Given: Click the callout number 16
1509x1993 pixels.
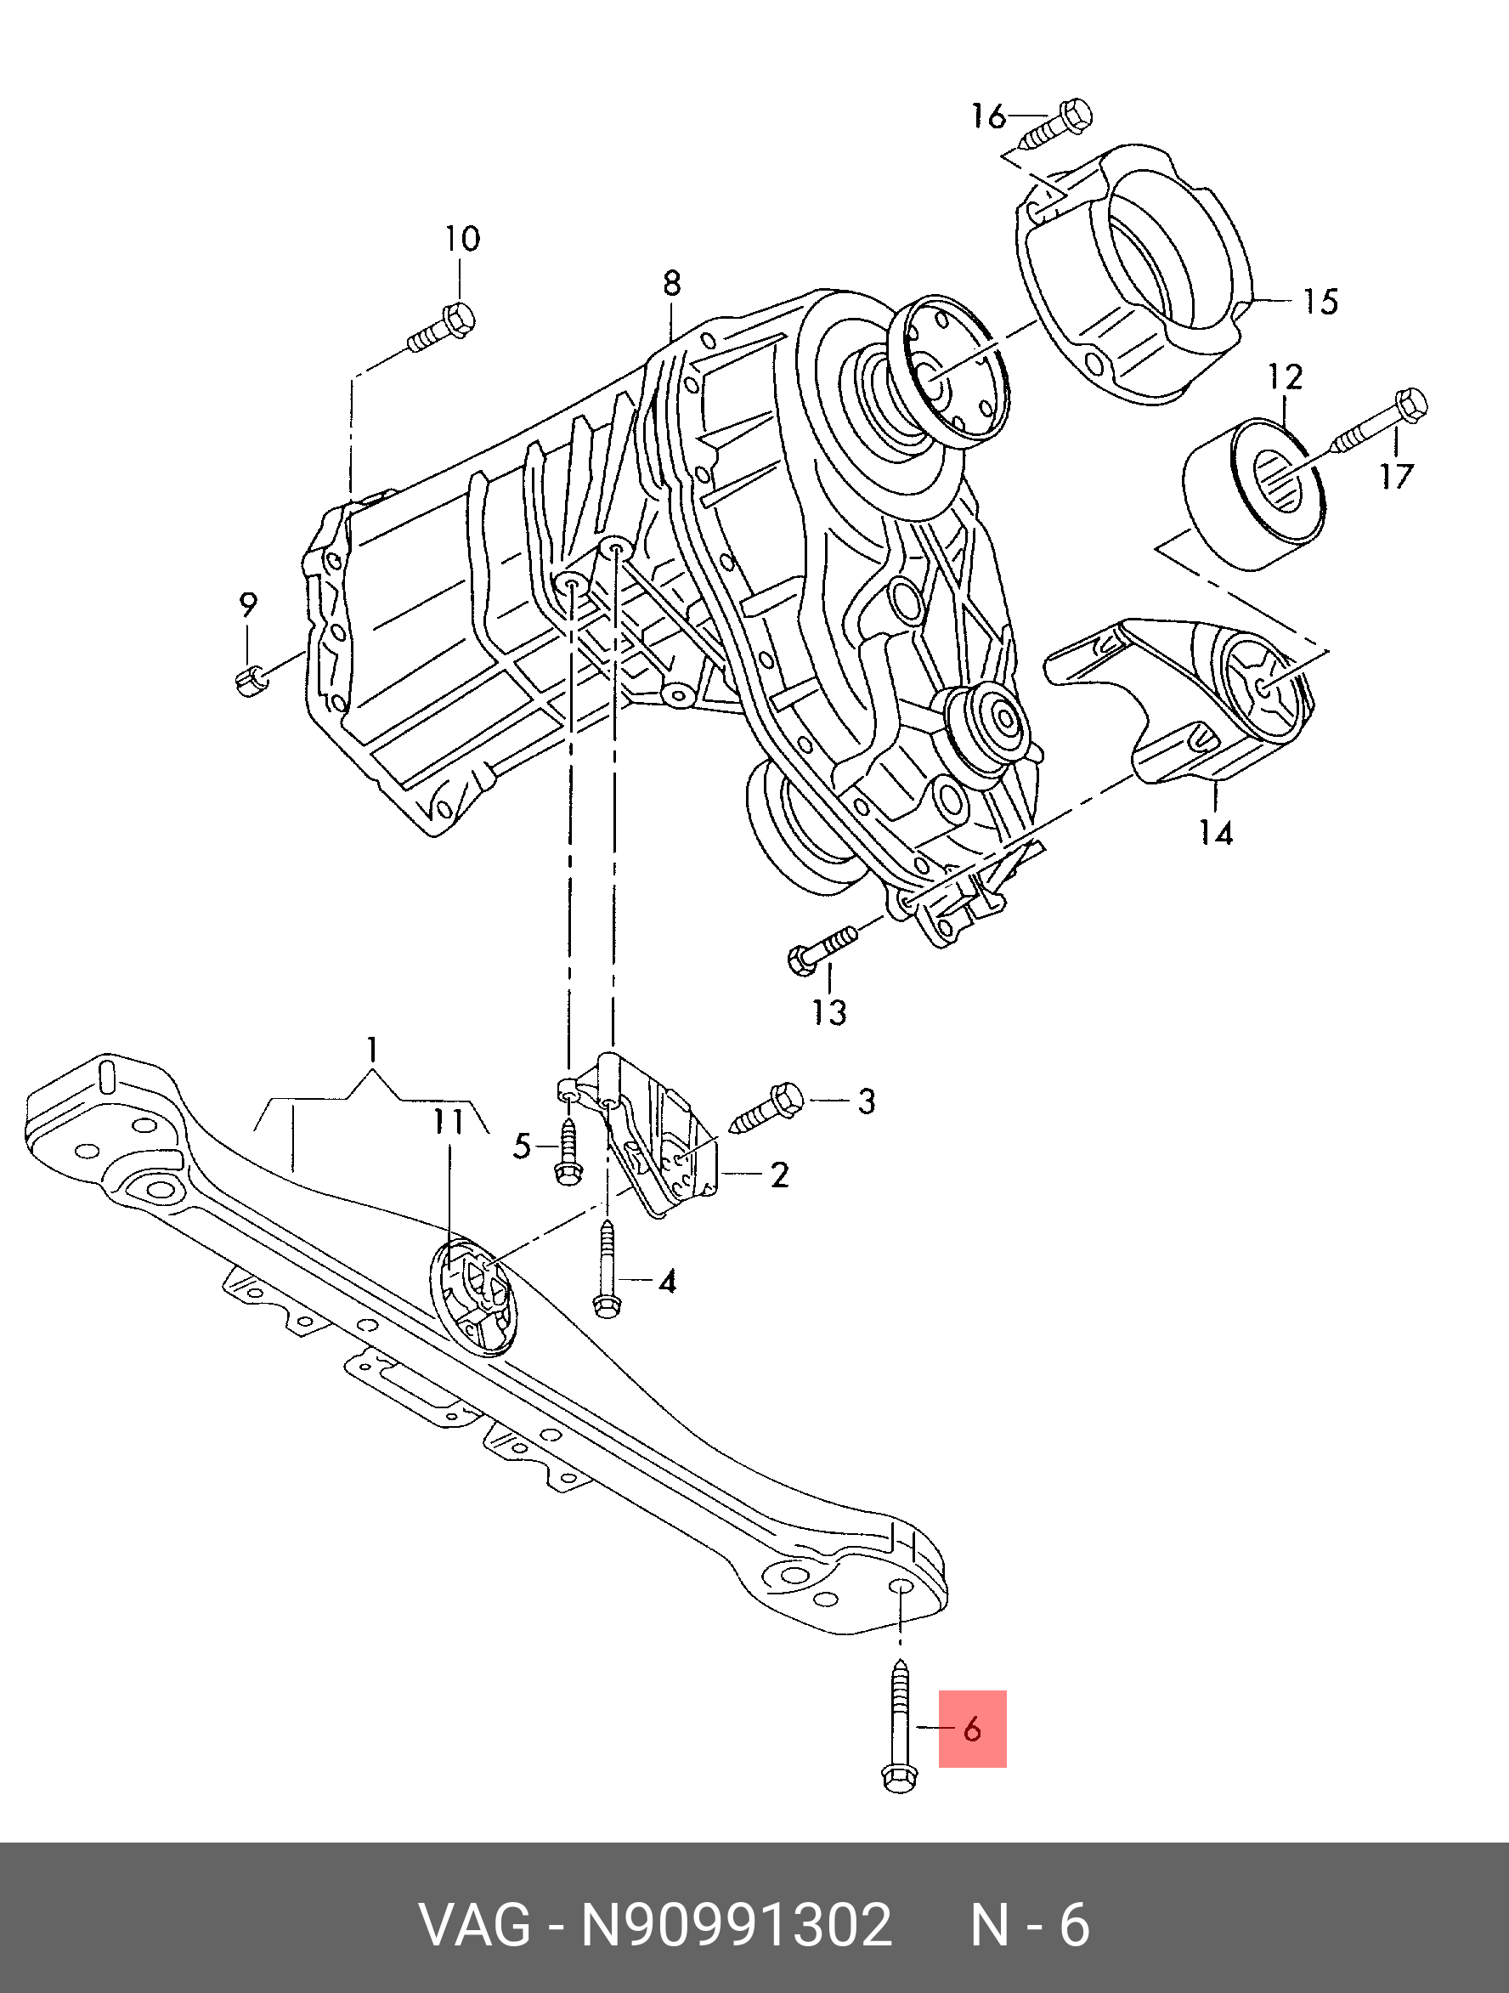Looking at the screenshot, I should pyautogui.click(x=988, y=116).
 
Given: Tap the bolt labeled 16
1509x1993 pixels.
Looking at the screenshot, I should pyautogui.click(x=1058, y=125).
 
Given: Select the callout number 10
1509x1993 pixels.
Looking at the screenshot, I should pyautogui.click(x=462, y=239).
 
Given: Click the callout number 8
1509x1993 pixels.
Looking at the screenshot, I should pyautogui.click(x=671, y=284).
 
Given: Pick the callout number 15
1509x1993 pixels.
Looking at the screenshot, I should pyautogui.click(x=1320, y=302).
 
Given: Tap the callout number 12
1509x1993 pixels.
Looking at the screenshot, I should pyautogui.click(x=1285, y=377).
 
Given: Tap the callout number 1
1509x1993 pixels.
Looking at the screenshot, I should pyautogui.click(x=371, y=1050).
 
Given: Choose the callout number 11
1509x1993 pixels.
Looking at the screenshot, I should pyautogui.click(x=448, y=1122).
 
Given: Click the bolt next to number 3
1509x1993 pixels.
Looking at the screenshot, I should pyautogui.click(x=767, y=1107).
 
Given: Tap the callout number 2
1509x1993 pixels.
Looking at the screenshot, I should pyautogui.click(x=779, y=1175).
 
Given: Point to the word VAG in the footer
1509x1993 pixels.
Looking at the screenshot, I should pyautogui.click(x=476, y=1928).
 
